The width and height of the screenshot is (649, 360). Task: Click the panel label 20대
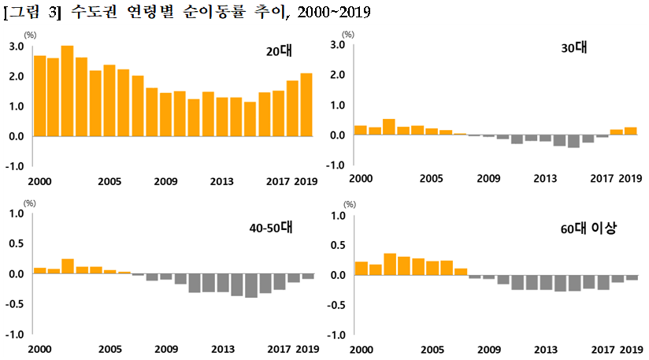pos(278,53)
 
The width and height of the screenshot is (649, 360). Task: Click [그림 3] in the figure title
pos(32,13)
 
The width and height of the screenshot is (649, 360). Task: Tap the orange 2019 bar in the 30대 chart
pos(630,132)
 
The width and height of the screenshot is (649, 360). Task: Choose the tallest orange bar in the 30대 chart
pos(388,128)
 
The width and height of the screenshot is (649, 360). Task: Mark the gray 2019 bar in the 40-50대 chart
pos(308,276)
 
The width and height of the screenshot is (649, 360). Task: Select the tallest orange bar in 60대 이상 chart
pos(389,265)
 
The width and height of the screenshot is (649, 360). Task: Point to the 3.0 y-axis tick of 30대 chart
pos(338,45)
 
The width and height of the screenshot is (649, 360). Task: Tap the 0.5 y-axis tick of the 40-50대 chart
pos(15,244)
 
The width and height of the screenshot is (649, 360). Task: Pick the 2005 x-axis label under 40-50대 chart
pos(108,349)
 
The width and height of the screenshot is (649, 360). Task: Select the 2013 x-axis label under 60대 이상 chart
pos(545,349)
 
